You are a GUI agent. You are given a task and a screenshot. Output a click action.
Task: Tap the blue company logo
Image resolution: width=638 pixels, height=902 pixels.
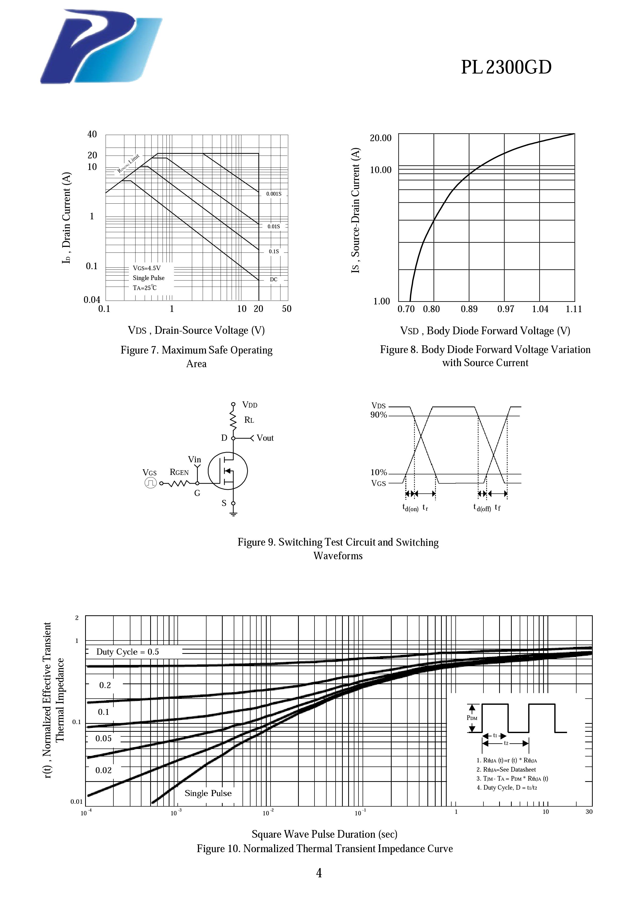(x=101, y=47)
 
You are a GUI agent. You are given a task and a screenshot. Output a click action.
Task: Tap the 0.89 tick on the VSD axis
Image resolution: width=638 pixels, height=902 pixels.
(x=469, y=309)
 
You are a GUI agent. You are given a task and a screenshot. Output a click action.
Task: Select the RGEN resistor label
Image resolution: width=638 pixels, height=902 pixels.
(x=179, y=472)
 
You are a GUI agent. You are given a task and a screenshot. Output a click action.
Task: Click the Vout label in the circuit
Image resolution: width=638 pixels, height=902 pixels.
(x=265, y=438)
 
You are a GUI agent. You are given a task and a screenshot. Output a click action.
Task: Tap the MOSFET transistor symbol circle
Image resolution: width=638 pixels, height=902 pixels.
(x=228, y=471)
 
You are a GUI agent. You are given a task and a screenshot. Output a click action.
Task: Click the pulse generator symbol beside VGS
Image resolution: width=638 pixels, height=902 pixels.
(x=150, y=483)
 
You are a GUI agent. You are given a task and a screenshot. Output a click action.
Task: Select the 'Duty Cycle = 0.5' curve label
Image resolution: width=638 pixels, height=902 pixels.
(x=128, y=652)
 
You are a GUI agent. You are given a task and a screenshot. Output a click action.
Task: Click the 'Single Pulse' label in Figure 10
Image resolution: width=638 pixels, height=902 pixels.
(x=208, y=793)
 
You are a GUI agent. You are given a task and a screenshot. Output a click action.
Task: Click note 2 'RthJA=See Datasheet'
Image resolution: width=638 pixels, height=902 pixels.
(x=506, y=770)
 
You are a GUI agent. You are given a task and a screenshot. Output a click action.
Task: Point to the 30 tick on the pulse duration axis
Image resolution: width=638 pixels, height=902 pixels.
(x=589, y=812)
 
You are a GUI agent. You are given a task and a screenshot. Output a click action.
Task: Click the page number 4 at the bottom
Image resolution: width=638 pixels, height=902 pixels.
(x=319, y=873)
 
